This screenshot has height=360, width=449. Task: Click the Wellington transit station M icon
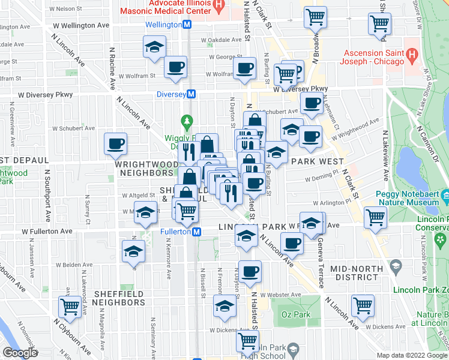(x=187, y=25)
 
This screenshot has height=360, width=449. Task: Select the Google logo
(x=20, y=353)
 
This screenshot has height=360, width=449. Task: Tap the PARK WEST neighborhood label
(x=317, y=161)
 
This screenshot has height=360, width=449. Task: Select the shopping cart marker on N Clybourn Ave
(x=70, y=307)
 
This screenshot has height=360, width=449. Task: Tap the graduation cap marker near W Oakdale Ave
(x=154, y=46)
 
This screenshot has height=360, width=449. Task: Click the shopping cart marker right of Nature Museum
(x=375, y=217)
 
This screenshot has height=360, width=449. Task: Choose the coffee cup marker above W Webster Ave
(x=250, y=271)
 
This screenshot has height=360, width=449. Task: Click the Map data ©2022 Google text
(x=411, y=355)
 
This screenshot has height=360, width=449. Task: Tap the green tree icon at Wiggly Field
(x=187, y=122)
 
